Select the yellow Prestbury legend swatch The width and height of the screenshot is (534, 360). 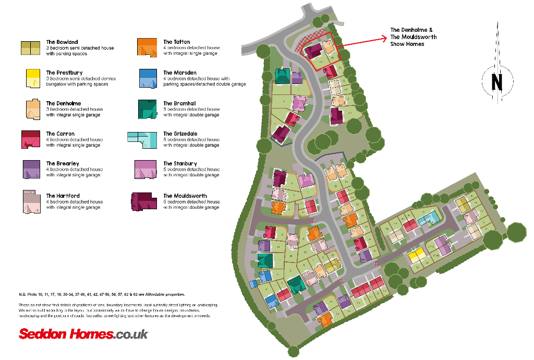pos(32,79)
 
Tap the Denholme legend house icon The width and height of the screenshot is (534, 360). pos(32,109)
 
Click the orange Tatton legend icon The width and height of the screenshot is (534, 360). pos(147,47)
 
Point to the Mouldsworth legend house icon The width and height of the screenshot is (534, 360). pos(144,201)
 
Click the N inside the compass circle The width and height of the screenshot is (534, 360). pos(496,82)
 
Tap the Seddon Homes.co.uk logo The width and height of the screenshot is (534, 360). pos(83,334)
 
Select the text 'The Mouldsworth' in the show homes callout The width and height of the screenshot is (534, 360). pos(413,37)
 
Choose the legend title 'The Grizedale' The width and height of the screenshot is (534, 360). pos(179,134)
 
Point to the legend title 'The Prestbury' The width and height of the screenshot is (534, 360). pos(64,73)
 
